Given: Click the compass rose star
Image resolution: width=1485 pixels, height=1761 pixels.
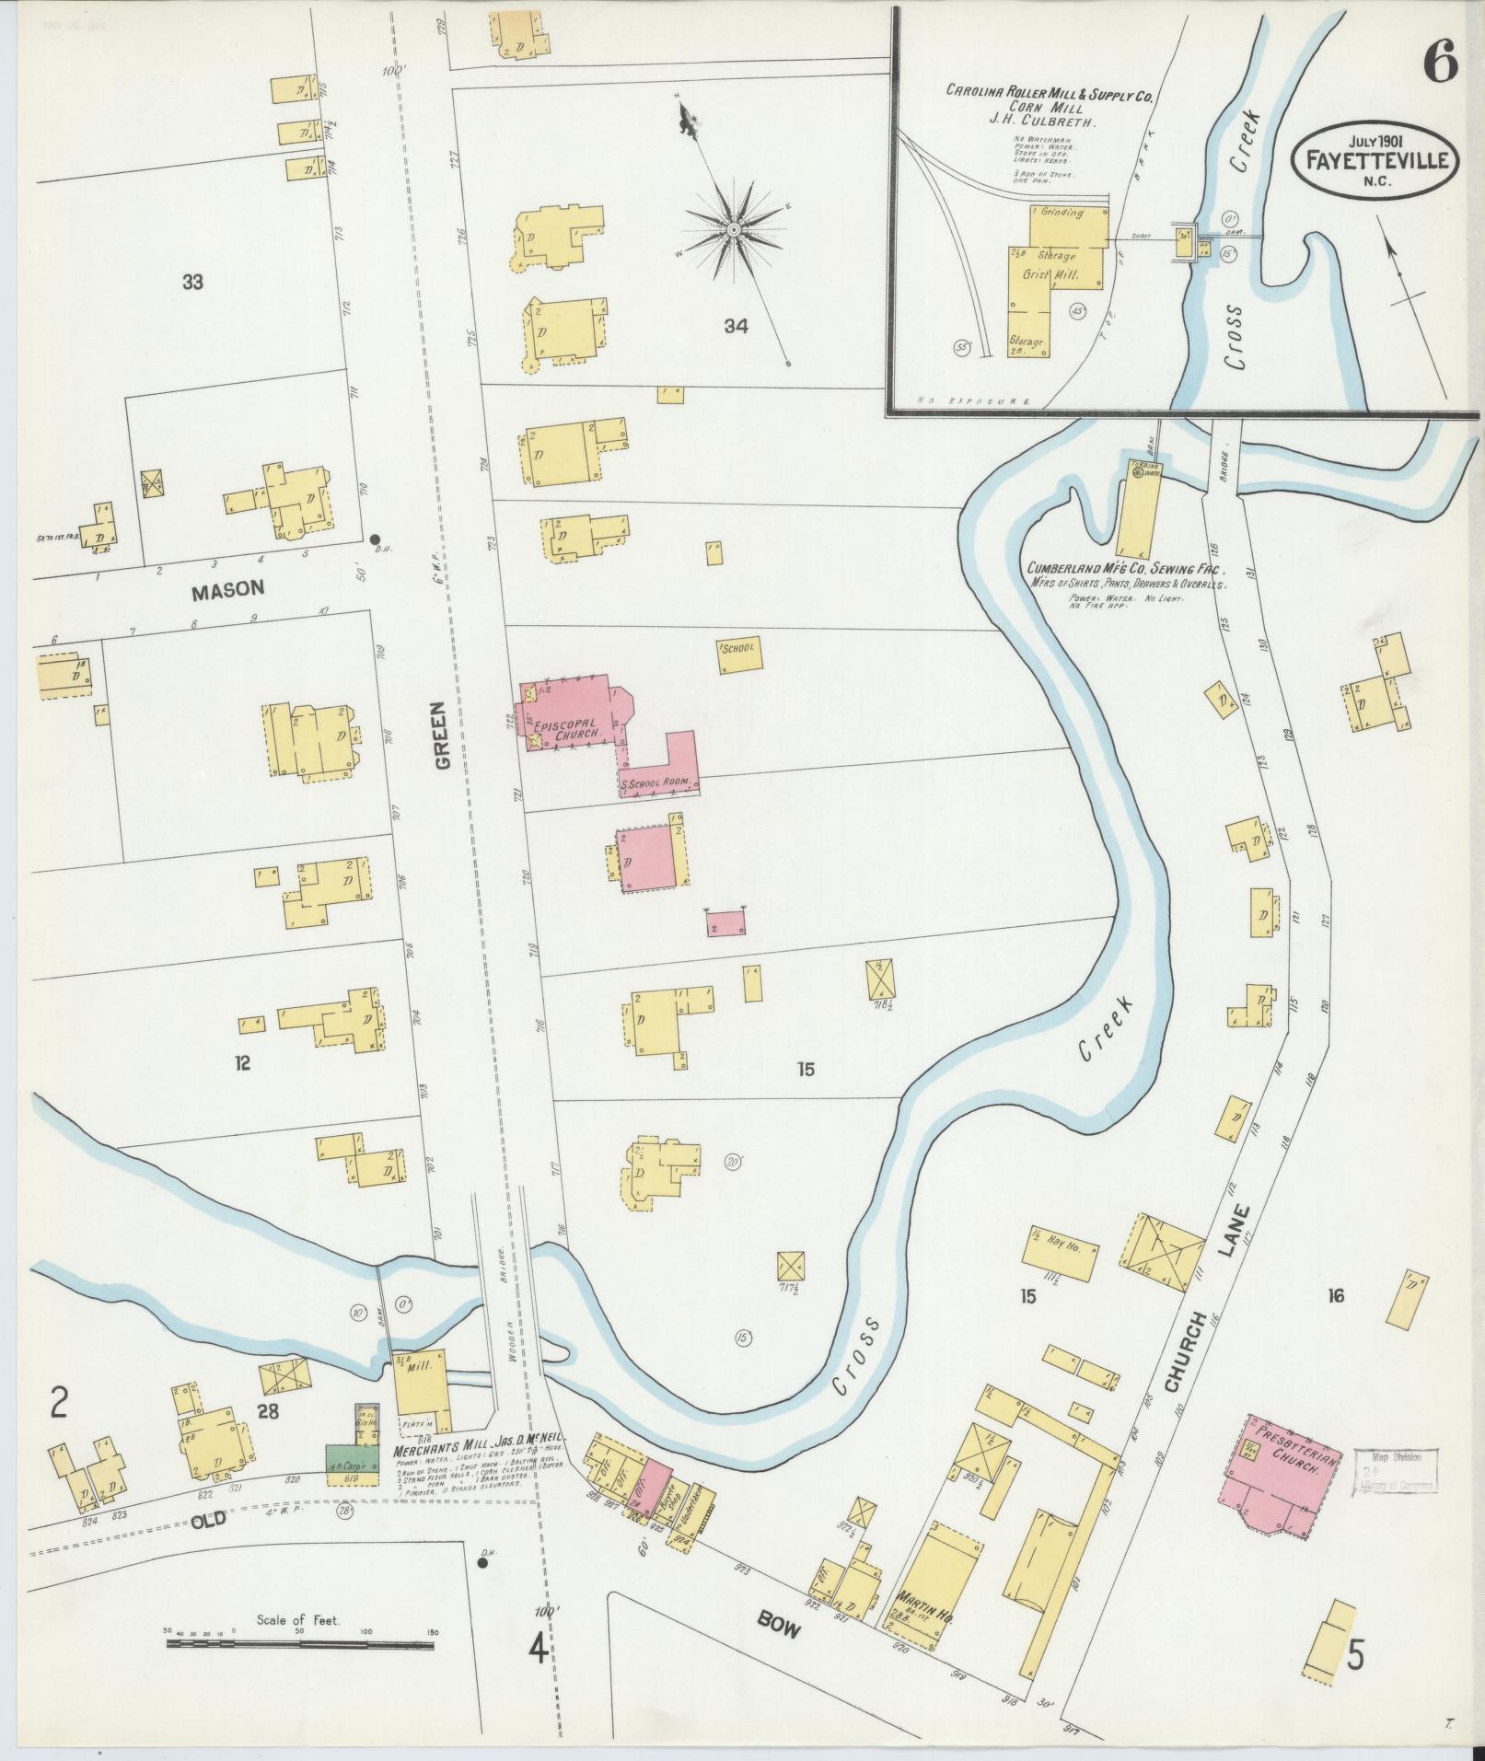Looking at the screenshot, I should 734,227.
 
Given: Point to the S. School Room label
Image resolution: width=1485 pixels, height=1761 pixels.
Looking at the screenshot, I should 655,784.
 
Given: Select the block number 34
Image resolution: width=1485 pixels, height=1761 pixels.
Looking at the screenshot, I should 735,326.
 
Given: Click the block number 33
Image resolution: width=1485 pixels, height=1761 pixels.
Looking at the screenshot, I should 191,283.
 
